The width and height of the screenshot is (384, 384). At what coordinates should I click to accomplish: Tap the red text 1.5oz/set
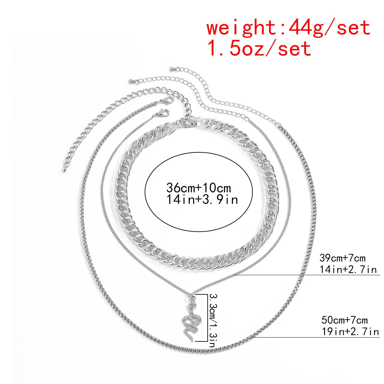coord(260,48)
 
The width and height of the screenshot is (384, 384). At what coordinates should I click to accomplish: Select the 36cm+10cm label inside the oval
coord(199,188)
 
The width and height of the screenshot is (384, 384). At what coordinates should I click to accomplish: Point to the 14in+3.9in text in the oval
coord(202,199)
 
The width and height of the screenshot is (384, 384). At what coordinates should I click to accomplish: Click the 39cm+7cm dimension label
coord(342,258)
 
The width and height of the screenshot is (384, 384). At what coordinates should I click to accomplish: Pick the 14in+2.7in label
coord(348,270)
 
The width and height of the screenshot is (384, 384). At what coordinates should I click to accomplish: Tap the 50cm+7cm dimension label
coord(344,320)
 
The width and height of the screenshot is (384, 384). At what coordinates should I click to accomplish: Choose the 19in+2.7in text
coord(350,332)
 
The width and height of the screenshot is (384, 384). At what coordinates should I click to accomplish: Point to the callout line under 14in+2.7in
coord(307,275)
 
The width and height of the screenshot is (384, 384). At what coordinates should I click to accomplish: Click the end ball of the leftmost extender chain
coord(64,170)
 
